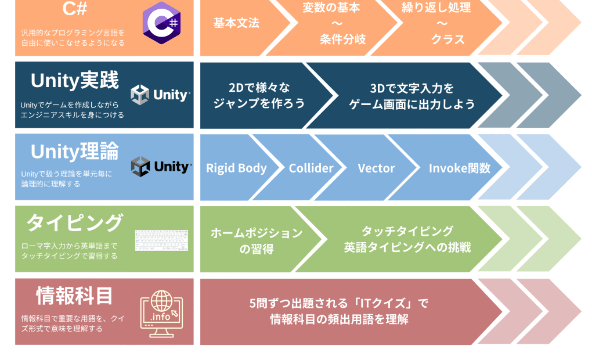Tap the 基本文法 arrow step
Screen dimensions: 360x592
237,23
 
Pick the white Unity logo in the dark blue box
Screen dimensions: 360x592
160,95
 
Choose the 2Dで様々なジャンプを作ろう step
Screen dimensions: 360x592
259,96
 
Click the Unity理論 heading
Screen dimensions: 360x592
74,152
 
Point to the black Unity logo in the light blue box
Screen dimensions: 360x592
160,167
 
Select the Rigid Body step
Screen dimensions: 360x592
236,168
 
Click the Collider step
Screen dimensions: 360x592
311,168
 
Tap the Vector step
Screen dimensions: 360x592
376,168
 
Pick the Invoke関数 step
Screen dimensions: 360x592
459,168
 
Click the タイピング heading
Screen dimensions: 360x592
74,222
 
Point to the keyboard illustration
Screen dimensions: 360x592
161,240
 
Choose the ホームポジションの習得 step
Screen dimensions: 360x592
256,240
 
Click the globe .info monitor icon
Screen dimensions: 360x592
161,312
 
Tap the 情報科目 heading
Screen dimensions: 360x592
74,296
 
